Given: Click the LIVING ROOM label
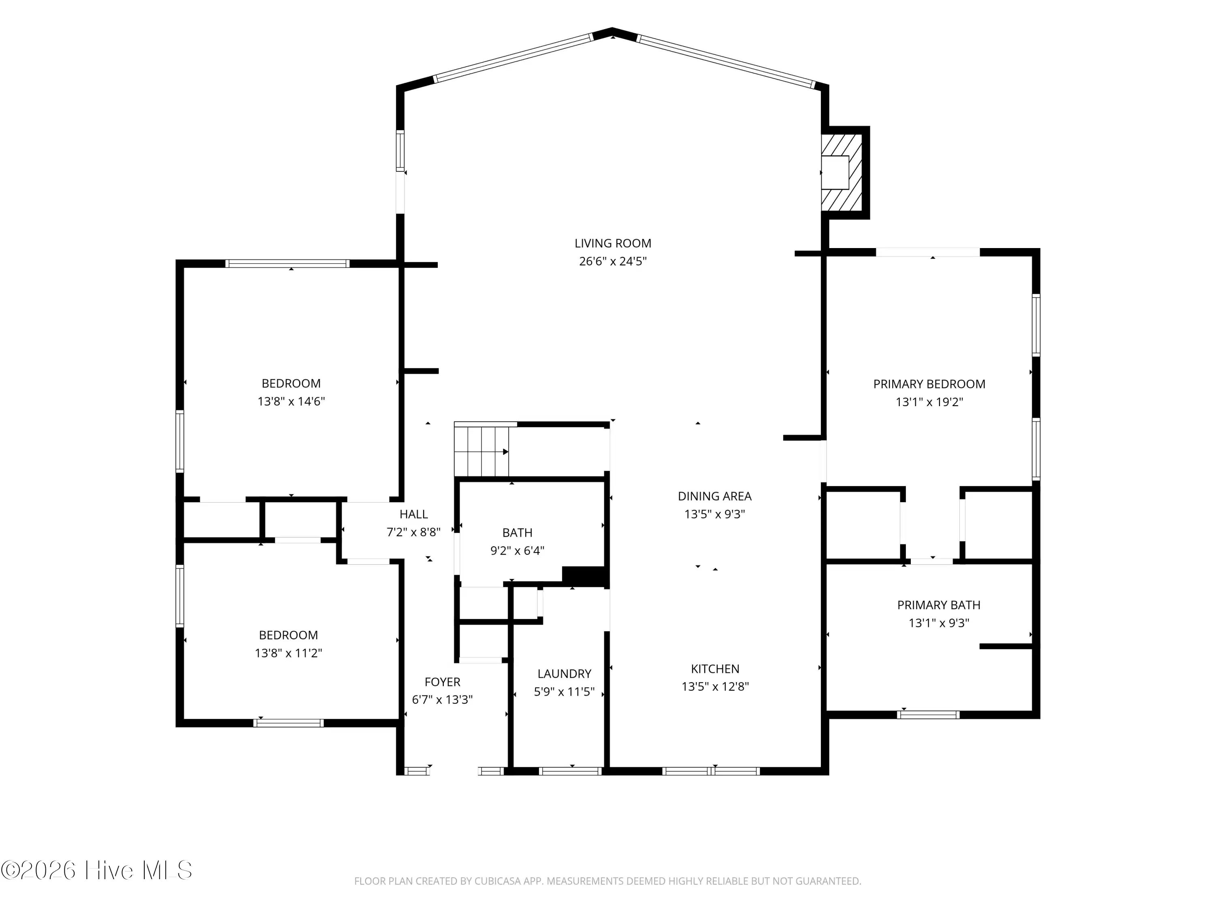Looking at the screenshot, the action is tap(612, 243).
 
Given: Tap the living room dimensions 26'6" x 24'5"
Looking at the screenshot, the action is tap(612, 261).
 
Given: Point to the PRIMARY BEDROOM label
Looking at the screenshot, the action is tap(929, 384).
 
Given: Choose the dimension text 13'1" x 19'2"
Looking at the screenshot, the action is tap(929, 402).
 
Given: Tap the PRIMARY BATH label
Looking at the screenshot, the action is tap(938, 605).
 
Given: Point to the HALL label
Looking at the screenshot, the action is tap(413, 514).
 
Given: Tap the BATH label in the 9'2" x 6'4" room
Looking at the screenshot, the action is tap(517, 532).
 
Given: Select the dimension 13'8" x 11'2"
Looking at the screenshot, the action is tap(288, 653).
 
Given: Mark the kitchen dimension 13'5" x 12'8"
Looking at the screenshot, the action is tap(715, 687).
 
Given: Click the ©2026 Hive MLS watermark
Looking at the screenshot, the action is tap(97, 870).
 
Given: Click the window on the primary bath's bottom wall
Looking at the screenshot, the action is tap(928, 715).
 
